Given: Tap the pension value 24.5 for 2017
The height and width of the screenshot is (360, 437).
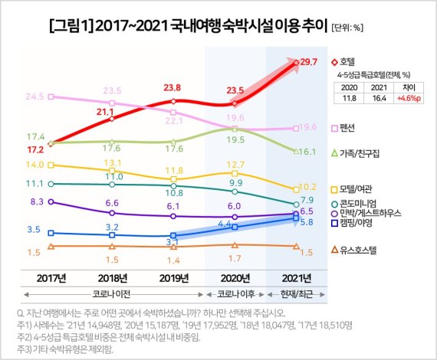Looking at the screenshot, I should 34,97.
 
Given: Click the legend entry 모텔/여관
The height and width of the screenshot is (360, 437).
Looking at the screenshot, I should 347,188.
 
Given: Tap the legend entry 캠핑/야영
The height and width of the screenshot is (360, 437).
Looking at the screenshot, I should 347,223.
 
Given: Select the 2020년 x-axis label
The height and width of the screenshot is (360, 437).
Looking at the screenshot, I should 235,277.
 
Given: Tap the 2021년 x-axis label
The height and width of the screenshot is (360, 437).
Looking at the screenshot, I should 297,277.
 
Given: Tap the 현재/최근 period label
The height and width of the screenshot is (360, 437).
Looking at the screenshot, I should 297,293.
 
